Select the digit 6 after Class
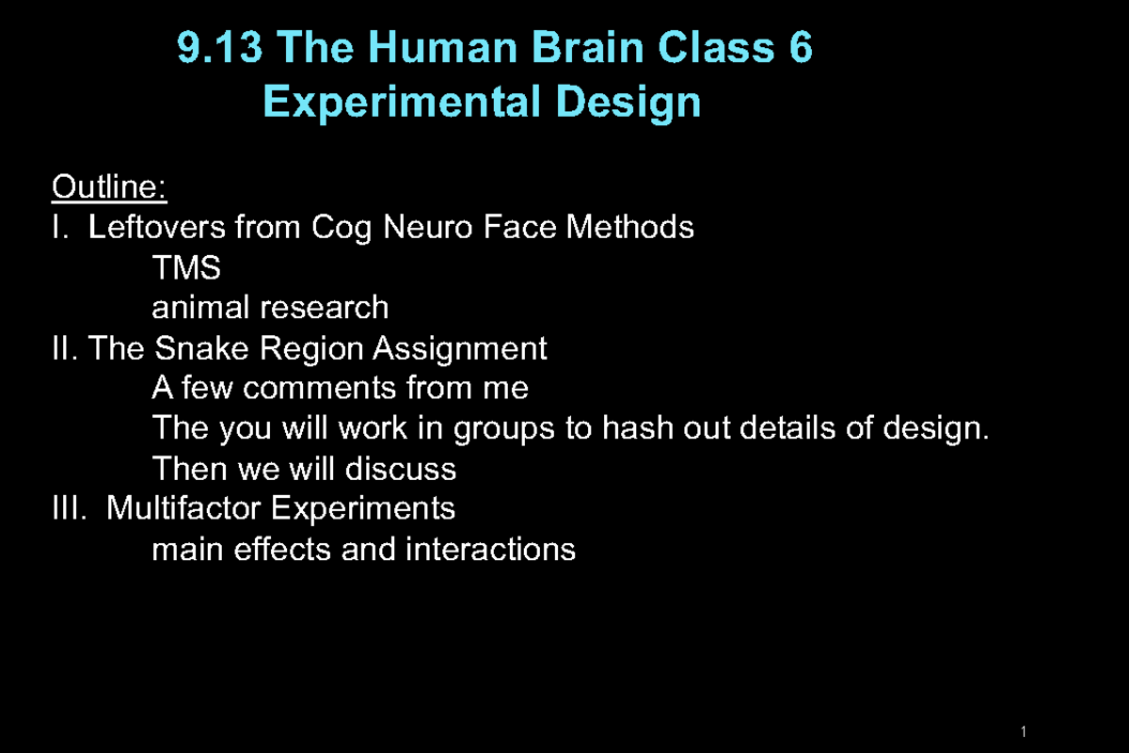801,48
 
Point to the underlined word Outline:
109,187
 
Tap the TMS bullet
186,268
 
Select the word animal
200,308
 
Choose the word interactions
490,549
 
